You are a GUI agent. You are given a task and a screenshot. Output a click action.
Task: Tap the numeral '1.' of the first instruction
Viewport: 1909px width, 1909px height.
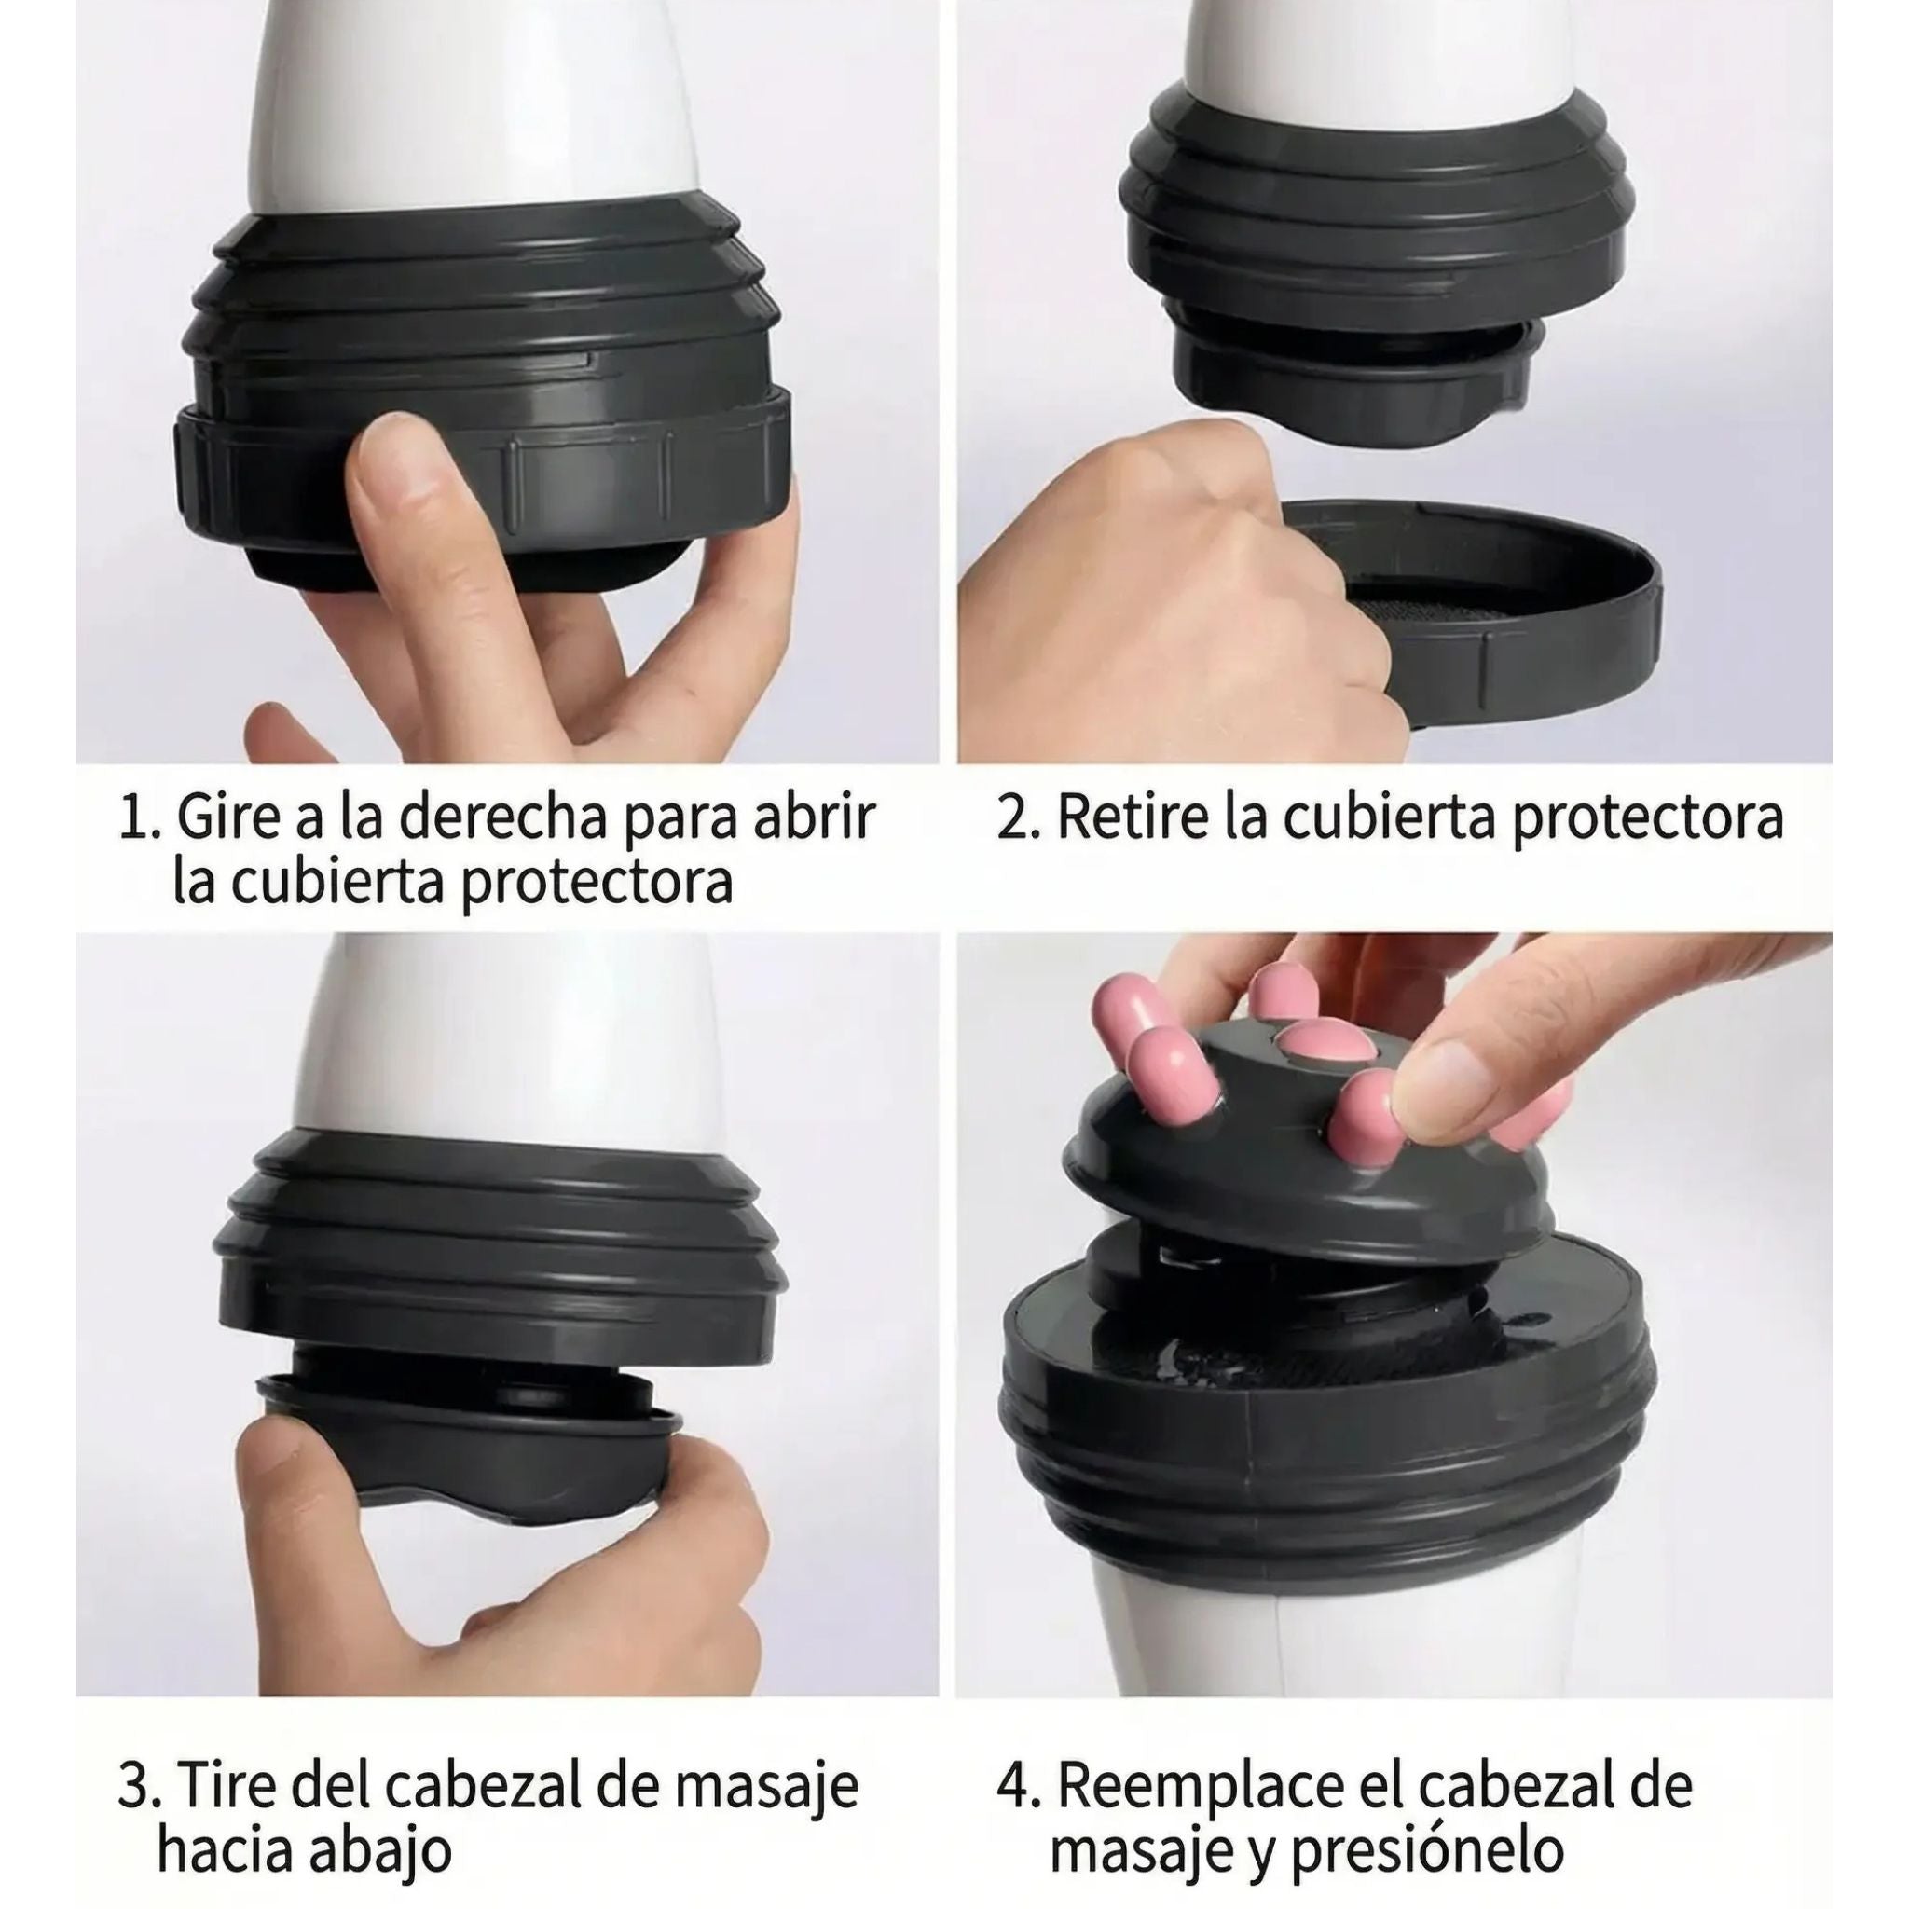point(138,818)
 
